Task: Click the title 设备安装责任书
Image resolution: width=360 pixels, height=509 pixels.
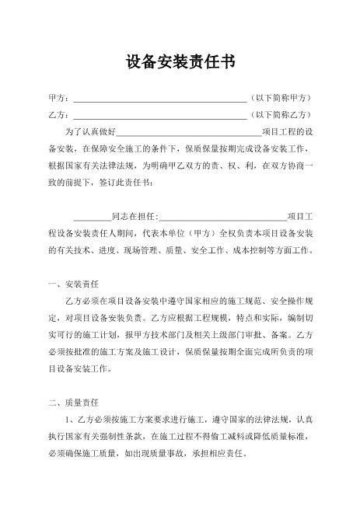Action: click(180, 63)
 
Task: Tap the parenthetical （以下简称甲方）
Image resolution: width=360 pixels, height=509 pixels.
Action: click(281, 99)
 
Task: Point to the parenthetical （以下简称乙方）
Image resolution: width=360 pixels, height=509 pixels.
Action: click(281, 116)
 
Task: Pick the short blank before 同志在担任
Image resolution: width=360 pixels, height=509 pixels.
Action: click(92, 215)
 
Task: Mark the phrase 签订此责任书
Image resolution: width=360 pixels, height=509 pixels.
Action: click(128, 182)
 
